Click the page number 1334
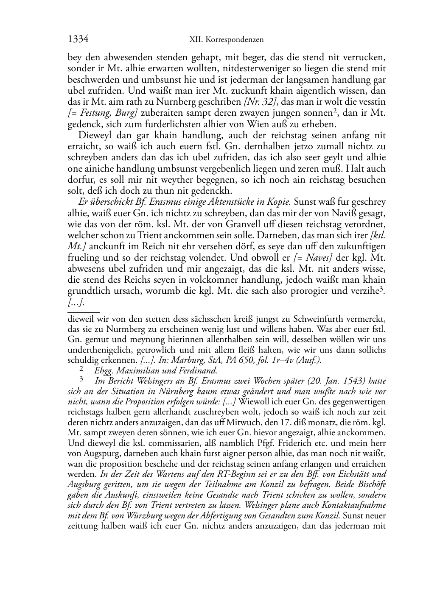coord(78,39)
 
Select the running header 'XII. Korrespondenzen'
coord(226,40)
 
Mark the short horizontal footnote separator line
coord(84,312)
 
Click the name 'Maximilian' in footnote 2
coord(134,370)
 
